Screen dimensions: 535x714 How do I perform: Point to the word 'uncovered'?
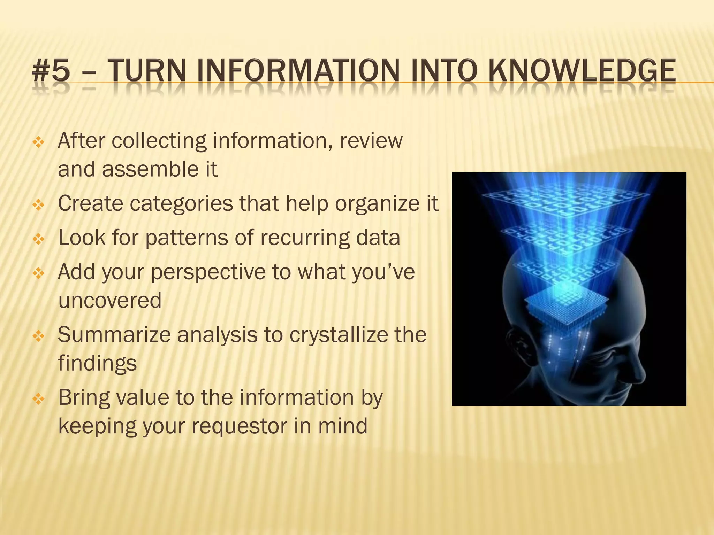[x=110, y=301]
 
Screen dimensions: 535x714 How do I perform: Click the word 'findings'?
[x=97, y=363]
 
